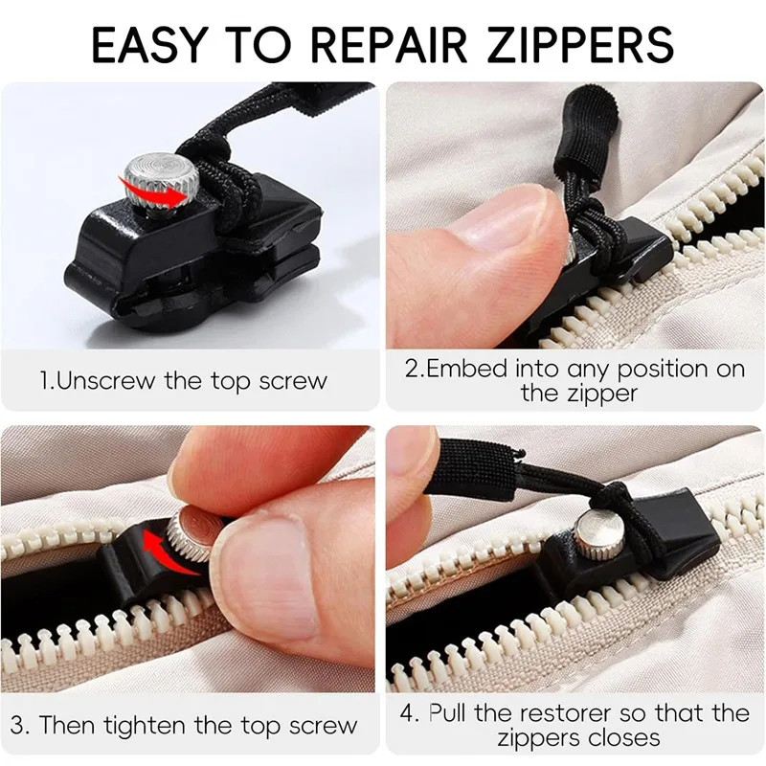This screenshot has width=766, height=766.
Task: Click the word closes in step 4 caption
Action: [x=620, y=738]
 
